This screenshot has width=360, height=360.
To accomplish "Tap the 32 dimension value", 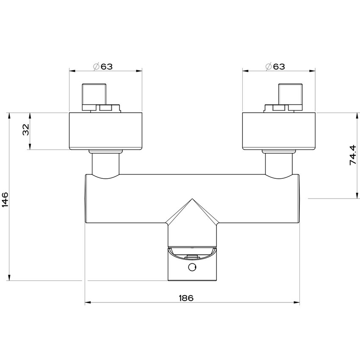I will [25, 130].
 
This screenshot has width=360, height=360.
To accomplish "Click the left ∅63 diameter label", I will [102, 66].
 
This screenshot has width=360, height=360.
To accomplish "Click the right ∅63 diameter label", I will [274, 66].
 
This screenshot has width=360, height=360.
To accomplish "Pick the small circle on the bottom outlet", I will [193, 267].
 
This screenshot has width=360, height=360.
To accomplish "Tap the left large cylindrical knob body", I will [105, 131].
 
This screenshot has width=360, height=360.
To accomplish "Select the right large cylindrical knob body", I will [278, 131].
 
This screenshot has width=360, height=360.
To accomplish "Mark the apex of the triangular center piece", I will [193, 199].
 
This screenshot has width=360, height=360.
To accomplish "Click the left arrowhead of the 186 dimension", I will [88, 303].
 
